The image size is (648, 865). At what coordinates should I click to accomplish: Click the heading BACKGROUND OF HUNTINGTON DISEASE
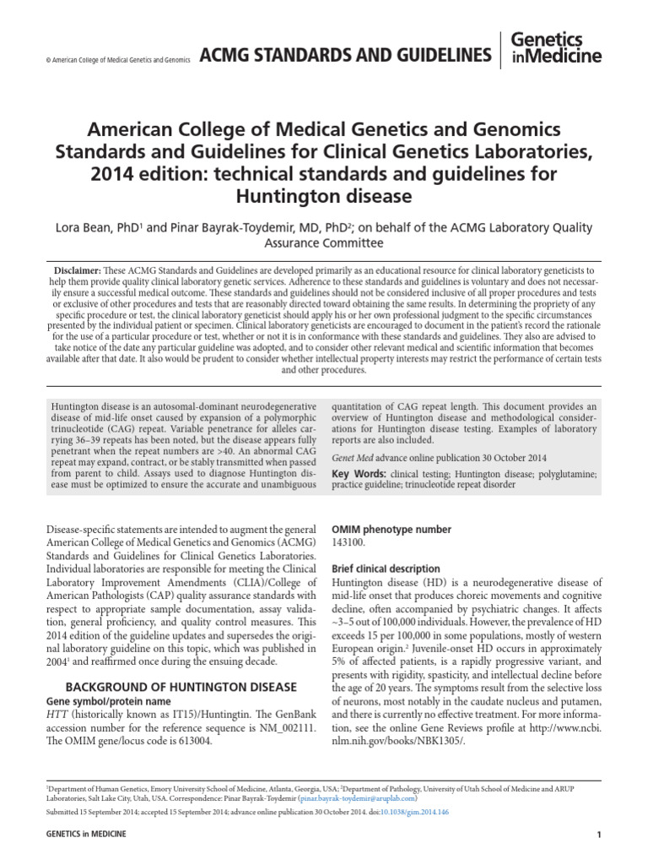click(x=181, y=686)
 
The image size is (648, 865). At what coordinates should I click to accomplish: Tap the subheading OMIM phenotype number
click(x=391, y=530)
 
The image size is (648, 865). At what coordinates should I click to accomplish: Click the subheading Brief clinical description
click(x=386, y=569)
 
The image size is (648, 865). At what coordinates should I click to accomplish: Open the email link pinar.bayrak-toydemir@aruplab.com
click(x=358, y=797)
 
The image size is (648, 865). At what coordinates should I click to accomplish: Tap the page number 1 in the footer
click(x=598, y=835)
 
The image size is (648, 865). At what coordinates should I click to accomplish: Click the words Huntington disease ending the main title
click(x=323, y=197)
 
